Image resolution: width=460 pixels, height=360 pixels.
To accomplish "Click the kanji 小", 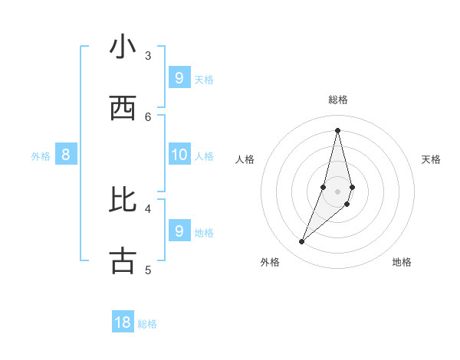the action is (x=123, y=47).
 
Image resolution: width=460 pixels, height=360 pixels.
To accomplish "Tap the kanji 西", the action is (x=123, y=109).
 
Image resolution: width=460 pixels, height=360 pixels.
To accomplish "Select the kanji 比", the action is (x=123, y=200).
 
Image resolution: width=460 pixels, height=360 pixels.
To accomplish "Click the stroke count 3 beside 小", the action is (x=148, y=55).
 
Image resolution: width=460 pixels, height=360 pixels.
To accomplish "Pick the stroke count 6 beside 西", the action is (x=148, y=116).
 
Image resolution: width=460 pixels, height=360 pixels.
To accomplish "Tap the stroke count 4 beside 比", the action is (x=148, y=208).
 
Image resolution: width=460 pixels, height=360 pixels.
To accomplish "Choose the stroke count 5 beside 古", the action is (x=148, y=270).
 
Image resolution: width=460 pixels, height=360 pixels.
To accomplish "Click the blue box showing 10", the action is (x=179, y=155).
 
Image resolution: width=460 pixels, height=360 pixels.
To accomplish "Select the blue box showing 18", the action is (x=123, y=322).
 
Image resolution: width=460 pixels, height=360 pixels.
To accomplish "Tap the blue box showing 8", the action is (x=66, y=155).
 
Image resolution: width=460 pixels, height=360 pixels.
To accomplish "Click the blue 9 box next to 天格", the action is (x=179, y=78).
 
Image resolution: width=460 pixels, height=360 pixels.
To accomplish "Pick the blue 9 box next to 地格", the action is (x=179, y=231).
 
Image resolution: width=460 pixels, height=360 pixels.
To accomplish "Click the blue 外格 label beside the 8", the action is (x=41, y=155).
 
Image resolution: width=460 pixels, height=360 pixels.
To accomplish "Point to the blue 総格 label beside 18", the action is (x=147, y=324).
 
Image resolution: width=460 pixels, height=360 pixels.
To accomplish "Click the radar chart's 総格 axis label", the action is (x=337, y=100).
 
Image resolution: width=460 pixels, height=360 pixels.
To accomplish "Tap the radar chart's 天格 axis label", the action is (x=431, y=159).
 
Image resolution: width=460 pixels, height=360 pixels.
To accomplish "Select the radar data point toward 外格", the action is (x=302, y=242).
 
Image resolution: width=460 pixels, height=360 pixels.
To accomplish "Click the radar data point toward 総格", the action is (x=337, y=130).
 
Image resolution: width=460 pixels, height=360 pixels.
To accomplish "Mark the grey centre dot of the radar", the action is (x=337, y=191).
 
